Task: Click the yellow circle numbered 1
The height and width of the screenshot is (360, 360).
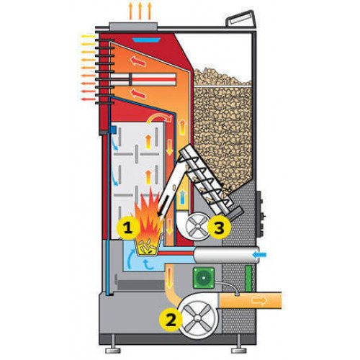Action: coord(128,228)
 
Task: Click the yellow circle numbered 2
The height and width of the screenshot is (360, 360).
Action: coord(171,320)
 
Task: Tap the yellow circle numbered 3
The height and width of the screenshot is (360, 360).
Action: coord(219,228)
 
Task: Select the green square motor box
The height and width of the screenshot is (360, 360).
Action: coord(204,278)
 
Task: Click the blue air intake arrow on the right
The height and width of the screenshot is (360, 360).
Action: coord(259,254)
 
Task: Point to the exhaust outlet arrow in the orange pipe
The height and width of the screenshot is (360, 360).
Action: coord(258,300)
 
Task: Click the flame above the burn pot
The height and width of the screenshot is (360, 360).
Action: coord(148,214)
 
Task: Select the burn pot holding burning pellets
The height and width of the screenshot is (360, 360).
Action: coord(146,245)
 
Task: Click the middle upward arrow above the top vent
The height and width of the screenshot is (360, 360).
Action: coord(140,11)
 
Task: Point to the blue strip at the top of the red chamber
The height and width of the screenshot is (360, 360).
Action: coord(146,40)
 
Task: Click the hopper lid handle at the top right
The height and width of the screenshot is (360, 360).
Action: coord(240,19)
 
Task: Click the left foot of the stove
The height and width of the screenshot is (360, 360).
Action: coord(113,350)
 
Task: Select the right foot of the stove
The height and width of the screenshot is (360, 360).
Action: coord(238,350)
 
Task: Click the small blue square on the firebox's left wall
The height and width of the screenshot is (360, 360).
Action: coord(112,130)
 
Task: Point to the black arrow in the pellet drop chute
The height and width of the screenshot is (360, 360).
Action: coord(164,206)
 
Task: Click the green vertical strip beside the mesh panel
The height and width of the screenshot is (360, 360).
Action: coord(248,279)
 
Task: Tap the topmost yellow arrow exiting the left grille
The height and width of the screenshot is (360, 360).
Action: coord(89,37)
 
